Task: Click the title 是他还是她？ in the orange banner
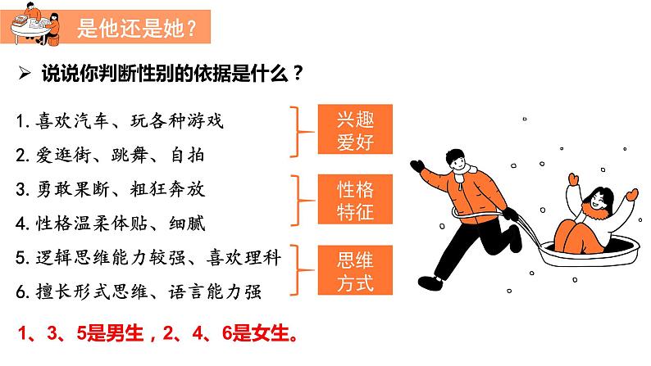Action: [x=137, y=28]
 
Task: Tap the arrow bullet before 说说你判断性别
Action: [x=25, y=74]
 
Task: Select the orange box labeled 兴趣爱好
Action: [x=355, y=129]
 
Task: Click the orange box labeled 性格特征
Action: [x=355, y=199]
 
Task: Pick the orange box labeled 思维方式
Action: [x=355, y=270]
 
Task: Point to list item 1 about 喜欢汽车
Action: [x=120, y=121]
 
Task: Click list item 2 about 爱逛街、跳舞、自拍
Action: [x=110, y=156]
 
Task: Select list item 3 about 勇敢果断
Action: [x=111, y=189]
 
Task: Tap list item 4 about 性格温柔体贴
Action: [x=111, y=224]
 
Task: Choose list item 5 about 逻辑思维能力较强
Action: [x=148, y=257]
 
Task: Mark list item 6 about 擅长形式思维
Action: [x=139, y=291]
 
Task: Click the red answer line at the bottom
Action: [x=157, y=333]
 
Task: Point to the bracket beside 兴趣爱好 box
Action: [x=301, y=132]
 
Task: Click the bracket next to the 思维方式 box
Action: [x=301, y=270]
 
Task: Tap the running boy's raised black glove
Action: [x=417, y=166]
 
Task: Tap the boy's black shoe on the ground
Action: [x=430, y=283]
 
